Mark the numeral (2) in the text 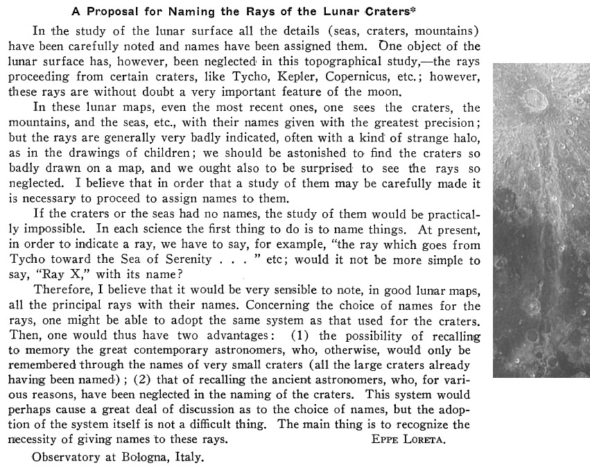(146, 381)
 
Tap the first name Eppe (378, 440)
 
